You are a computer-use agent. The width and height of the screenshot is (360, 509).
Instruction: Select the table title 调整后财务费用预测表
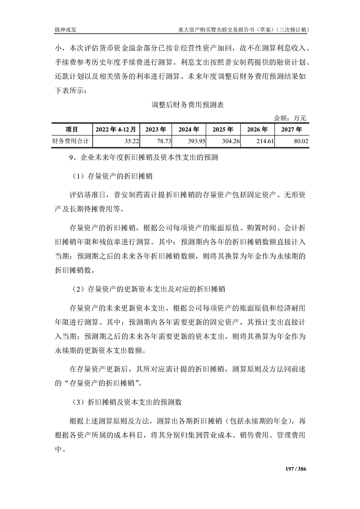180,105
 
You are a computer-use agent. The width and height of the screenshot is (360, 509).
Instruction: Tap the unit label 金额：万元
291,118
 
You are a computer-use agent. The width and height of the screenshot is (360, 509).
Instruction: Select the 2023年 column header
156,129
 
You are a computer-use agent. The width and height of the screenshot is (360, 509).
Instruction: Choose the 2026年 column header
257,129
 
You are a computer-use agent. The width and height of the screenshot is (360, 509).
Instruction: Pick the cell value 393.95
197,142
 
